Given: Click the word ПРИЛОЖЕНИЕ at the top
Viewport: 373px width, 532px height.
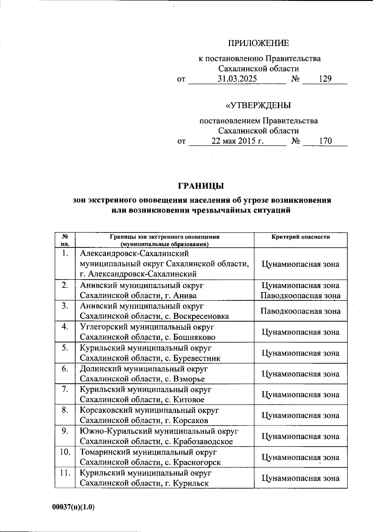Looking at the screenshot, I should (x=259, y=43).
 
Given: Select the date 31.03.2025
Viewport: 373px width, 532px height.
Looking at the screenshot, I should (x=237, y=79).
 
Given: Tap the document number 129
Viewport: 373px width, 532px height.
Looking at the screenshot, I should (x=325, y=79).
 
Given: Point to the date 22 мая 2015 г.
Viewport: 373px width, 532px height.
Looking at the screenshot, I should (x=237, y=141).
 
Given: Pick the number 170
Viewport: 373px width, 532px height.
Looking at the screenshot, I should (x=325, y=141).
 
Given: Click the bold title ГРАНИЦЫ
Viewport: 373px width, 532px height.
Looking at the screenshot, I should (x=201, y=186).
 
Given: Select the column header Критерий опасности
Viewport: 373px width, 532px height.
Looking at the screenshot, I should (x=300, y=237).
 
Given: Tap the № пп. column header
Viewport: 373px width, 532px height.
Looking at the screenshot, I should (x=65, y=240).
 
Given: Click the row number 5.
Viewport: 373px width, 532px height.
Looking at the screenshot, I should (x=65, y=348).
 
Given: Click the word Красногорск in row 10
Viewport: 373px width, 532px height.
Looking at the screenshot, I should (x=197, y=462).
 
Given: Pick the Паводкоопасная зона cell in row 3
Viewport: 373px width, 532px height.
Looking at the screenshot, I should (x=300, y=311).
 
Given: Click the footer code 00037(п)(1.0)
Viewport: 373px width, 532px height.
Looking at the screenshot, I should (x=73, y=507).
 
